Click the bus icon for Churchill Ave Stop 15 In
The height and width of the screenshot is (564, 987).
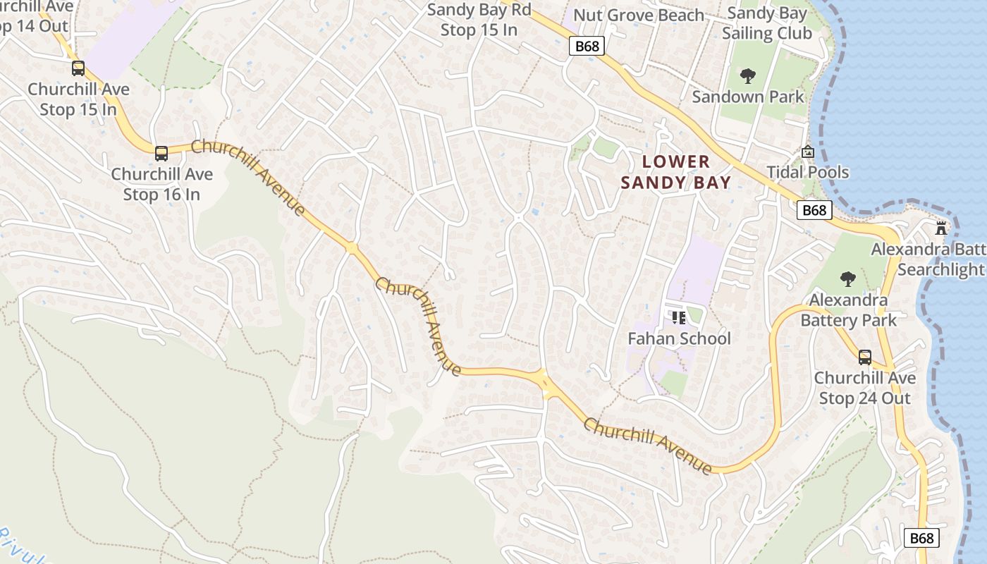(x=78, y=68)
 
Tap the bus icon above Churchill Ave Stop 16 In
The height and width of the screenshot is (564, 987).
(x=161, y=153)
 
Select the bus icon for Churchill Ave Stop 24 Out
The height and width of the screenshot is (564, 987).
(x=864, y=357)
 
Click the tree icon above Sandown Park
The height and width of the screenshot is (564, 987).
(x=748, y=75)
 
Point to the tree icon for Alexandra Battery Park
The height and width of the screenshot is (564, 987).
(x=848, y=279)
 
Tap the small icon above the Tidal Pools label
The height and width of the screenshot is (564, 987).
(x=808, y=152)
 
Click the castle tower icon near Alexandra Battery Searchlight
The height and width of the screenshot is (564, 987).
(x=940, y=228)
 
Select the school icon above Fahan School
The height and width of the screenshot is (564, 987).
(x=679, y=318)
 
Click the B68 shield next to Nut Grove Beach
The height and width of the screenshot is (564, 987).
(x=587, y=47)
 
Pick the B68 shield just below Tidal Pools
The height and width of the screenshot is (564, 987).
(x=814, y=210)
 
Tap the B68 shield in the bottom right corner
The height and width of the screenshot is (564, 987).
(x=921, y=538)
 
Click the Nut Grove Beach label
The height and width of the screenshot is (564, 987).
(x=638, y=16)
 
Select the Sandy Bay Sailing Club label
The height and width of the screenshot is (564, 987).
(x=766, y=23)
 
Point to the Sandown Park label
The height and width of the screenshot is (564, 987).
(x=748, y=97)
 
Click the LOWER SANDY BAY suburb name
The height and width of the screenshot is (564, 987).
(x=676, y=172)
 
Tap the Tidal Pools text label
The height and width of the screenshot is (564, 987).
(x=808, y=172)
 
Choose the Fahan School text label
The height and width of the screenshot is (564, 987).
(x=679, y=338)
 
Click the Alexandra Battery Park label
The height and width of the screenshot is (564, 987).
(x=848, y=310)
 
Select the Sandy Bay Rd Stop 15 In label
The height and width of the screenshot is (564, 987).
(x=479, y=20)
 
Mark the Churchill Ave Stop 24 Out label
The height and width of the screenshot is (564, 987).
(x=864, y=388)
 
